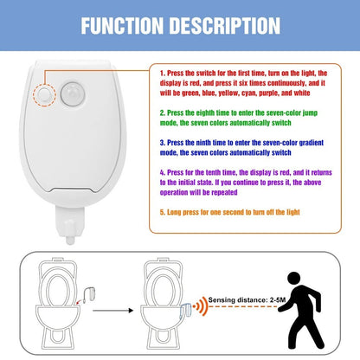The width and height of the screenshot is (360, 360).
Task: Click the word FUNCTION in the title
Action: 122,26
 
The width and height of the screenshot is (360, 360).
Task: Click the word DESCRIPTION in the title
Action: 224,26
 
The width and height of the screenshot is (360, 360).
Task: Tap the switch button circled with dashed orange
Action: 44,94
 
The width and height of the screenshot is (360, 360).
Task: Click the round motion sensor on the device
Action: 73,94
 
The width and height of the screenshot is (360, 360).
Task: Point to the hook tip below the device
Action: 70,240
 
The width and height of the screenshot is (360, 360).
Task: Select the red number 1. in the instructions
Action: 163,74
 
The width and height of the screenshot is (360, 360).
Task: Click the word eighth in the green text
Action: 206,112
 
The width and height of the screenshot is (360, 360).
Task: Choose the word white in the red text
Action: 302,93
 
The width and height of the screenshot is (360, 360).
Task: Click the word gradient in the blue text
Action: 312,143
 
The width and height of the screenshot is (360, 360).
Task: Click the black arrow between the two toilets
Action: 112,311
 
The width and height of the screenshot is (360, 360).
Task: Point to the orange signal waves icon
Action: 201,305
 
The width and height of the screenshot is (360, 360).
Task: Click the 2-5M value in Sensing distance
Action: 278,300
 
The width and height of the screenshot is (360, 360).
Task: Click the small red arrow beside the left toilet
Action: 79,301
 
